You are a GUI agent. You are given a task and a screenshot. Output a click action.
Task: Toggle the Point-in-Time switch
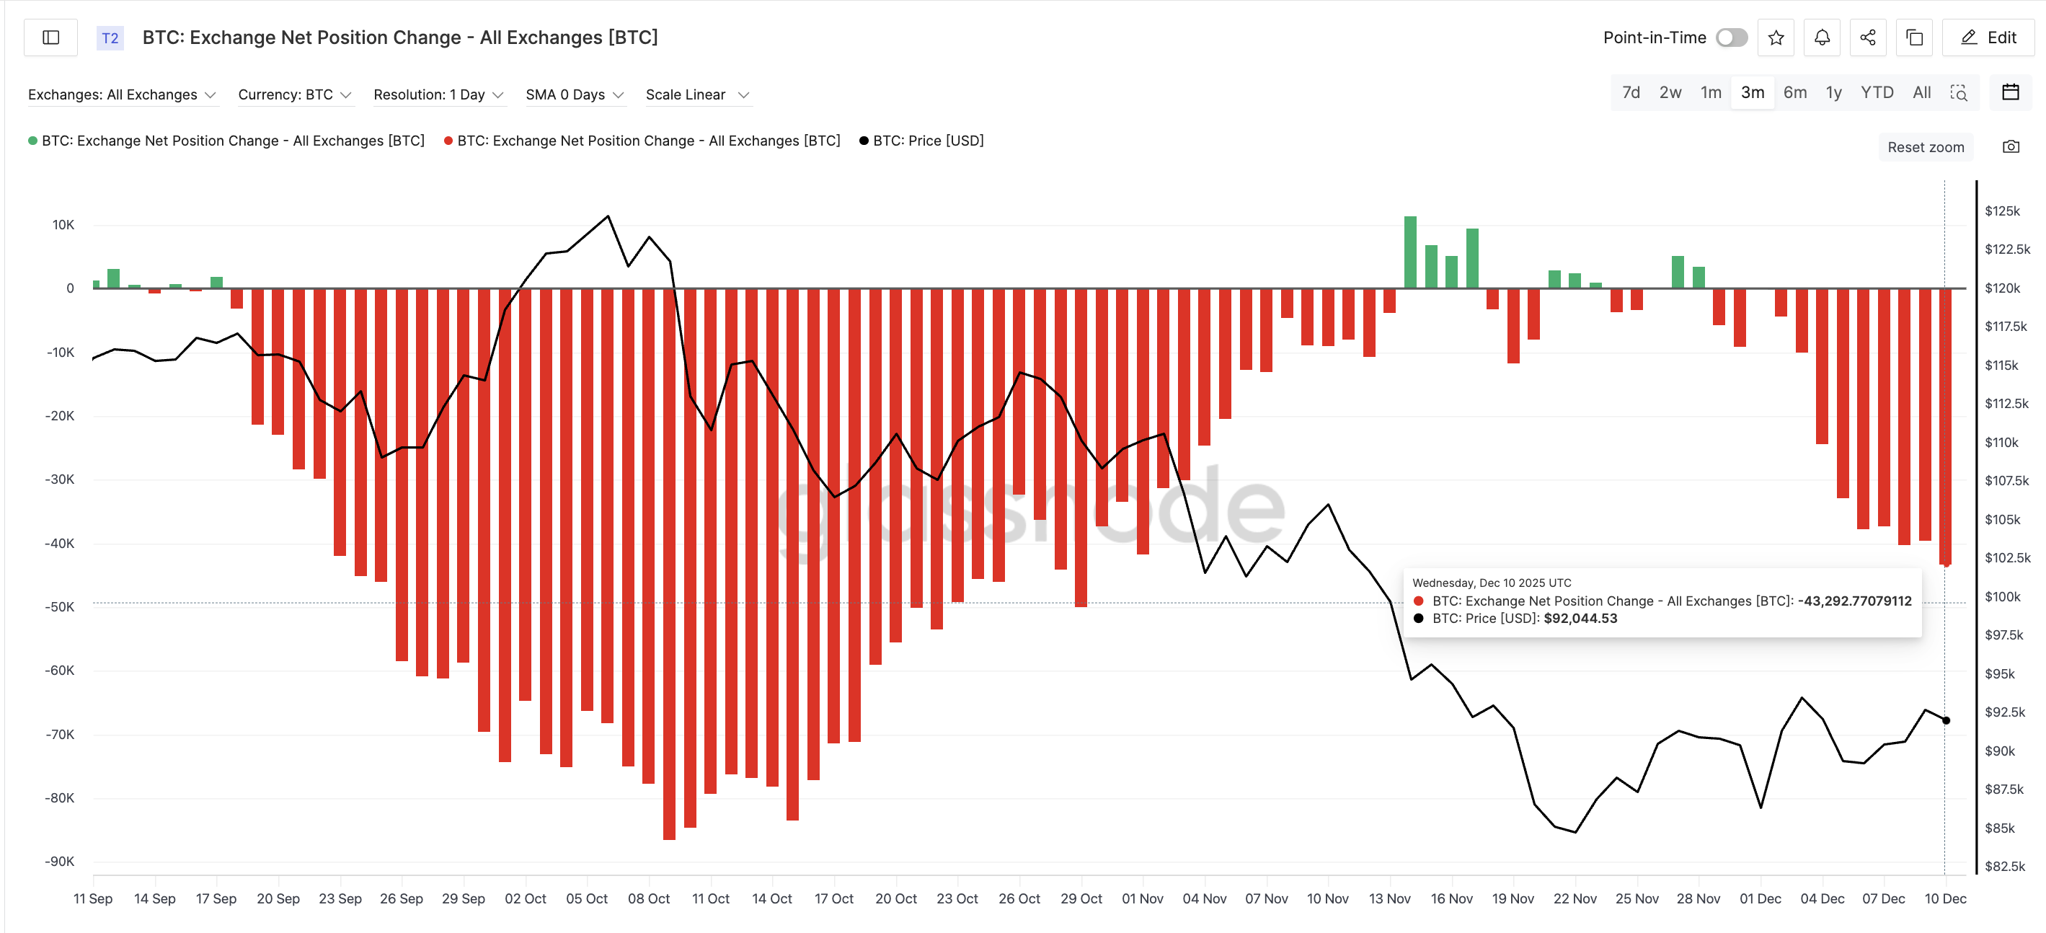point(1732,37)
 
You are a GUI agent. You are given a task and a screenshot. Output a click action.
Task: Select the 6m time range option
point(1794,93)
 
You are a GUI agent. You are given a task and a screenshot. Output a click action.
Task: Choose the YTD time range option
point(1877,93)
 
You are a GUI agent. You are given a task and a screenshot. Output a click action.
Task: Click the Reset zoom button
point(1926,147)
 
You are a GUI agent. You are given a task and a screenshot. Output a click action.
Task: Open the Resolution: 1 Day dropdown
point(438,94)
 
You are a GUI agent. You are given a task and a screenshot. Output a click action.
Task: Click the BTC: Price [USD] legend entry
point(927,141)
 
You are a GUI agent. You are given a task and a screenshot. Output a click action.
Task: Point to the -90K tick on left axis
point(60,862)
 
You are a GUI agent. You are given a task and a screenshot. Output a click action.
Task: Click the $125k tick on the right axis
point(2001,211)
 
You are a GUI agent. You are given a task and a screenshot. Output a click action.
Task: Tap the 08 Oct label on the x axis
point(648,899)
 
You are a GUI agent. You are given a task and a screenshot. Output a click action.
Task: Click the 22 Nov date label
point(1575,899)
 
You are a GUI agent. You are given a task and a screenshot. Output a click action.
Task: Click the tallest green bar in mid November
point(1410,252)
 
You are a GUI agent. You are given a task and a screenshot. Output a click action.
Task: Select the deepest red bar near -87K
point(669,564)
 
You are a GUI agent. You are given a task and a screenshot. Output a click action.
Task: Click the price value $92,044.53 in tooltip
point(1580,619)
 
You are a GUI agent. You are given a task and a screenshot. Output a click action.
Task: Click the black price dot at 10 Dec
point(1946,720)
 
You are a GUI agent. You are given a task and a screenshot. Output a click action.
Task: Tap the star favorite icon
point(1776,37)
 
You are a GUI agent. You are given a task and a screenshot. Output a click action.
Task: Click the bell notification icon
point(1822,37)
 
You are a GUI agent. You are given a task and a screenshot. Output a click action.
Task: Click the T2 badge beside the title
point(110,37)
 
